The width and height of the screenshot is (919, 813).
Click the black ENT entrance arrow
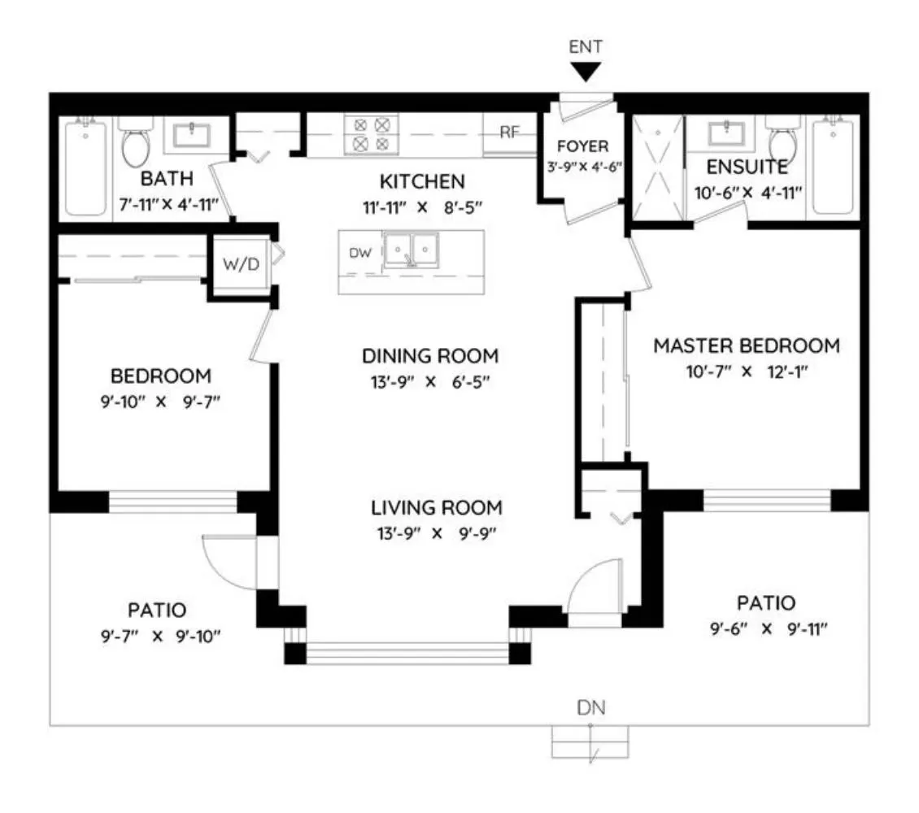586,72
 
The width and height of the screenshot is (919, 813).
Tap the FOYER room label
582,146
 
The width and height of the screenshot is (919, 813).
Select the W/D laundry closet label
241,264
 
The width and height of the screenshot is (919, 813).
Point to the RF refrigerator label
509,133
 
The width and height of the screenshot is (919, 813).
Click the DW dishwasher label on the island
360,253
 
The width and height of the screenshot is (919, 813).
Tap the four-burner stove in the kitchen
371,134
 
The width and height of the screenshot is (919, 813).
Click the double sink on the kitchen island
410,250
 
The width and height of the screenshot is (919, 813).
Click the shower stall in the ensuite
658,167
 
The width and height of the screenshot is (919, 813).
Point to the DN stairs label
590,707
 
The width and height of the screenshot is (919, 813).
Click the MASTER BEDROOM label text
747,346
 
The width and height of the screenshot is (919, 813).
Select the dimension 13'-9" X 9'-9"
437,533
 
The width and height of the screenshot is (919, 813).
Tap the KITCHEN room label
422,181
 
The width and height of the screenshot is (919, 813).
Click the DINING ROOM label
430,356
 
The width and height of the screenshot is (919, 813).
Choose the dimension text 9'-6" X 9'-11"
769,629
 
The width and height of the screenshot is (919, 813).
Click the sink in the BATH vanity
192,135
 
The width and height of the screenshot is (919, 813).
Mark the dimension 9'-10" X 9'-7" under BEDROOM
160,402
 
